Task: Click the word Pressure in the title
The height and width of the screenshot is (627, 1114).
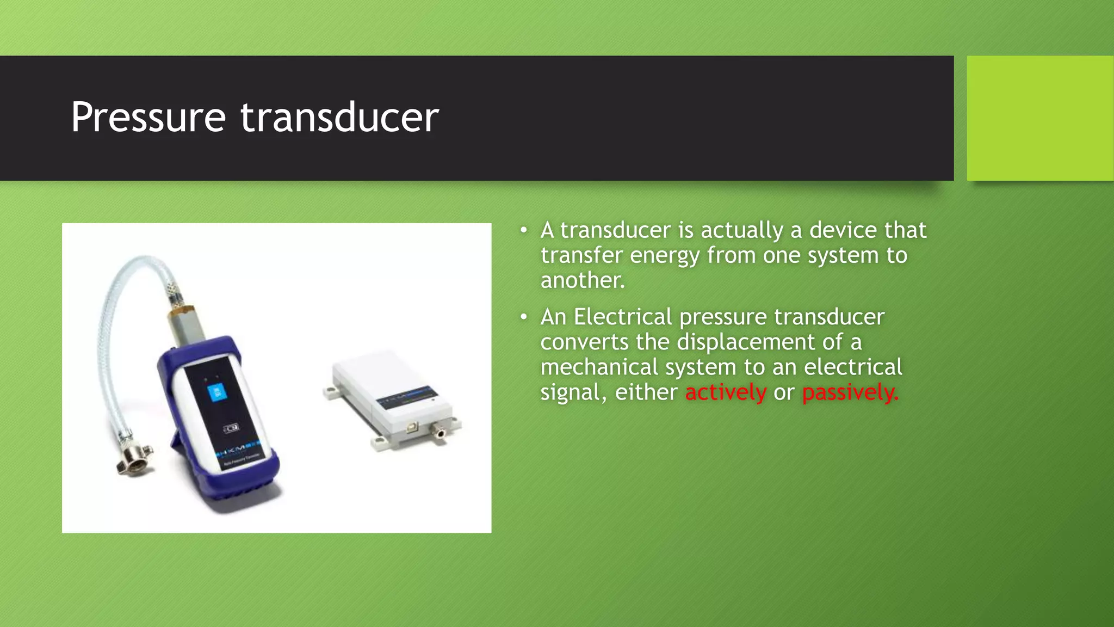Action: [x=148, y=118]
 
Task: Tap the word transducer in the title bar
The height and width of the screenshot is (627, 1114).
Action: [x=339, y=118]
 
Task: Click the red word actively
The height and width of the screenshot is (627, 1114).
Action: [x=726, y=392]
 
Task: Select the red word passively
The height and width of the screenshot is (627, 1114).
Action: [x=850, y=392]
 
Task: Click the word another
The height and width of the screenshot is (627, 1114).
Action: [x=582, y=280]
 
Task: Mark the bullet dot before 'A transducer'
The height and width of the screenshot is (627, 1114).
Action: [x=523, y=231]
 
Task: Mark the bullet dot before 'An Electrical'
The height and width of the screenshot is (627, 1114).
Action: [x=523, y=317]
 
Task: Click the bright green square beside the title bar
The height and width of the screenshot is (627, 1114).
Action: [x=1039, y=118]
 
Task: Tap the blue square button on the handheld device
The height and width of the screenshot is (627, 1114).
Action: [x=217, y=392]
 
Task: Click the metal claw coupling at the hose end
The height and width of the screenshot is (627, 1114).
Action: [x=134, y=460]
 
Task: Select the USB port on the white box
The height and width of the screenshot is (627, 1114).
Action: [x=413, y=427]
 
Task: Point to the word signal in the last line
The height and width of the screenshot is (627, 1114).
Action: [x=572, y=392]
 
